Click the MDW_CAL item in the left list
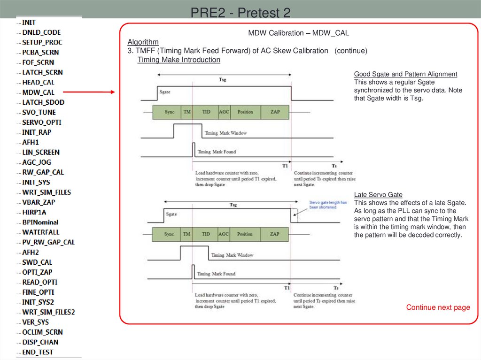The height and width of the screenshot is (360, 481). point(38,92)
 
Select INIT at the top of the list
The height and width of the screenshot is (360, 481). point(29,22)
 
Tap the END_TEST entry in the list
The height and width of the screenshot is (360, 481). point(38,352)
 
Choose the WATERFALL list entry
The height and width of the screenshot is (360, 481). point(41,232)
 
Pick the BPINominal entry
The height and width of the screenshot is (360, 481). point(40,222)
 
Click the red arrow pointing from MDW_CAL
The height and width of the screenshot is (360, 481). point(89,92)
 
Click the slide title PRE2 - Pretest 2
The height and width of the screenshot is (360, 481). point(240,12)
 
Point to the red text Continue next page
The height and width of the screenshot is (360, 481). point(438,307)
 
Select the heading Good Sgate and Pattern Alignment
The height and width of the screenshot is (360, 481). point(405,74)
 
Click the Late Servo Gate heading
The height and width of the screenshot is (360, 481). point(378,195)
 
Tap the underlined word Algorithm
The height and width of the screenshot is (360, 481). point(143,42)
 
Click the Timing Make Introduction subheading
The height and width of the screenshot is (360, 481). point(178,60)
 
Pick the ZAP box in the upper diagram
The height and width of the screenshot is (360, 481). point(275,112)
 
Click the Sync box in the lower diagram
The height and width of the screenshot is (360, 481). point(169,234)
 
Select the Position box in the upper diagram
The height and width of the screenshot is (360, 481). point(245,112)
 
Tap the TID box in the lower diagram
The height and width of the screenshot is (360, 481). point(206,234)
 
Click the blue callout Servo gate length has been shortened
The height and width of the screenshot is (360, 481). point(327,205)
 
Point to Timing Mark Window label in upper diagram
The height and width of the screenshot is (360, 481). point(225,133)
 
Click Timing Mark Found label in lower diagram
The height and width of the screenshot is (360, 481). point(216,274)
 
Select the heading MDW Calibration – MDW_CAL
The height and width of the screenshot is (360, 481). point(298,33)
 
